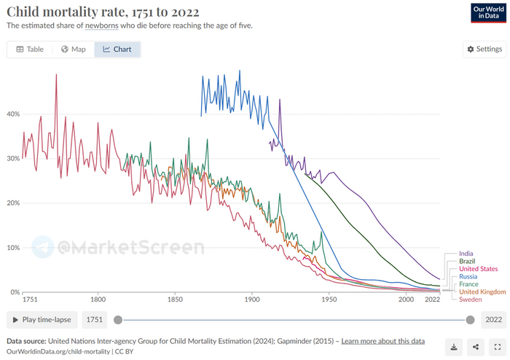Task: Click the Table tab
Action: (x=30, y=50)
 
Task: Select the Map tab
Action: (x=74, y=50)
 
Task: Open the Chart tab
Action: (x=117, y=50)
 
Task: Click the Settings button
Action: (x=483, y=50)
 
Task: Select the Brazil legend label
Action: (x=468, y=261)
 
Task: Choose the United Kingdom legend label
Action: (x=482, y=291)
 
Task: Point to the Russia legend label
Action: (x=469, y=276)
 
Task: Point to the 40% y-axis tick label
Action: (x=13, y=114)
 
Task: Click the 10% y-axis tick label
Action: (x=13, y=248)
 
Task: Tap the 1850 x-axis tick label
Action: (x=174, y=300)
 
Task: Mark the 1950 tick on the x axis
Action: (x=329, y=300)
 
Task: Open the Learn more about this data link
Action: (x=382, y=341)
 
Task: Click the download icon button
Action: (x=453, y=347)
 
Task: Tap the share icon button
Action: (x=475, y=347)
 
